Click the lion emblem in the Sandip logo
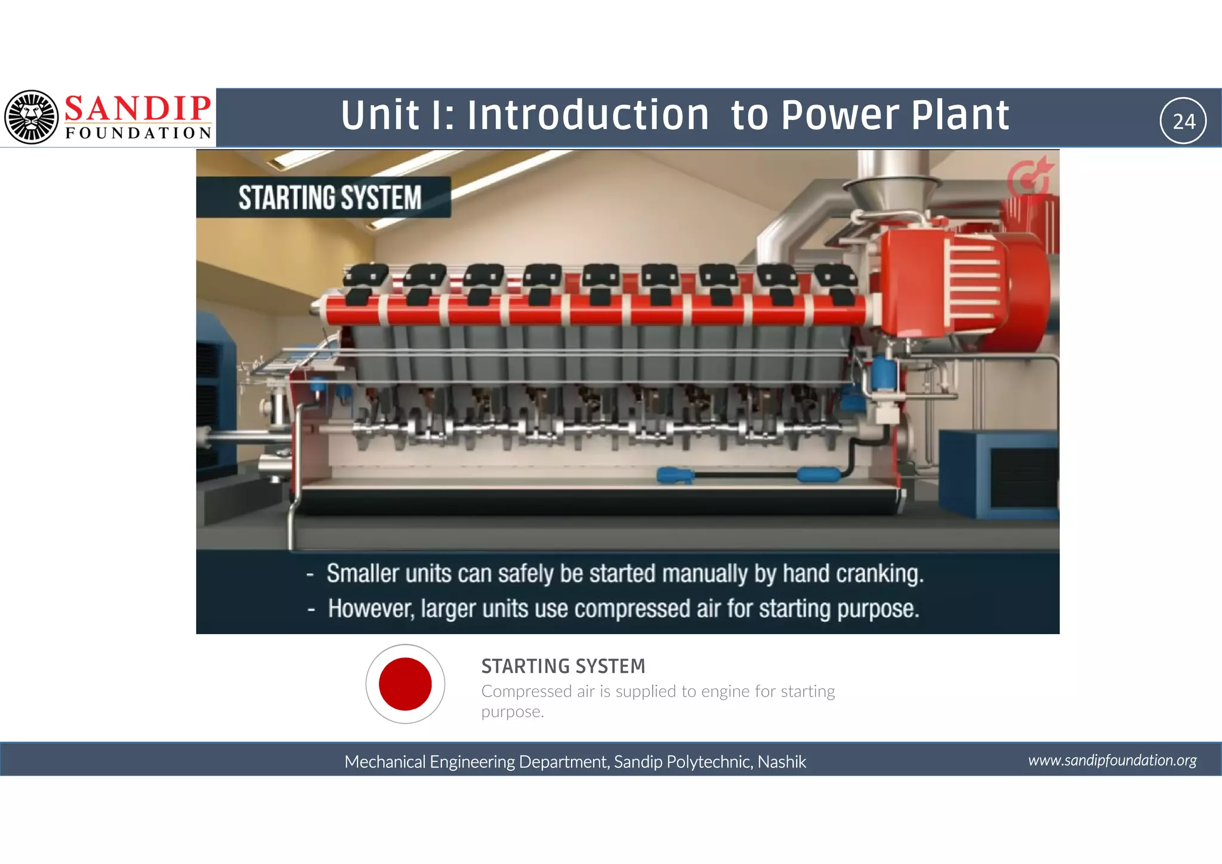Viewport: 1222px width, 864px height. point(32,117)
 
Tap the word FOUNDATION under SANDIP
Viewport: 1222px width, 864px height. point(138,133)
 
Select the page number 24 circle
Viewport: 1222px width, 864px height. point(1183,121)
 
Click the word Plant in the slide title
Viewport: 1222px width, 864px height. point(960,115)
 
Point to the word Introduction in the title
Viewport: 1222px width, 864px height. point(588,115)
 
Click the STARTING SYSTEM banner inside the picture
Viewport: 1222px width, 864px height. point(329,198)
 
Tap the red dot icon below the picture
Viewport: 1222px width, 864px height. point(405,684)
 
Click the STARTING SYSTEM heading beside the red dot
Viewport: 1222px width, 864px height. point(563,666)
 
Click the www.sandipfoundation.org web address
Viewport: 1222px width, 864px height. point(1112,760)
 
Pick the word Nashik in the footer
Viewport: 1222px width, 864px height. point(782,762)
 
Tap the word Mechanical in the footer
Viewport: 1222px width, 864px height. point(385,762)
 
